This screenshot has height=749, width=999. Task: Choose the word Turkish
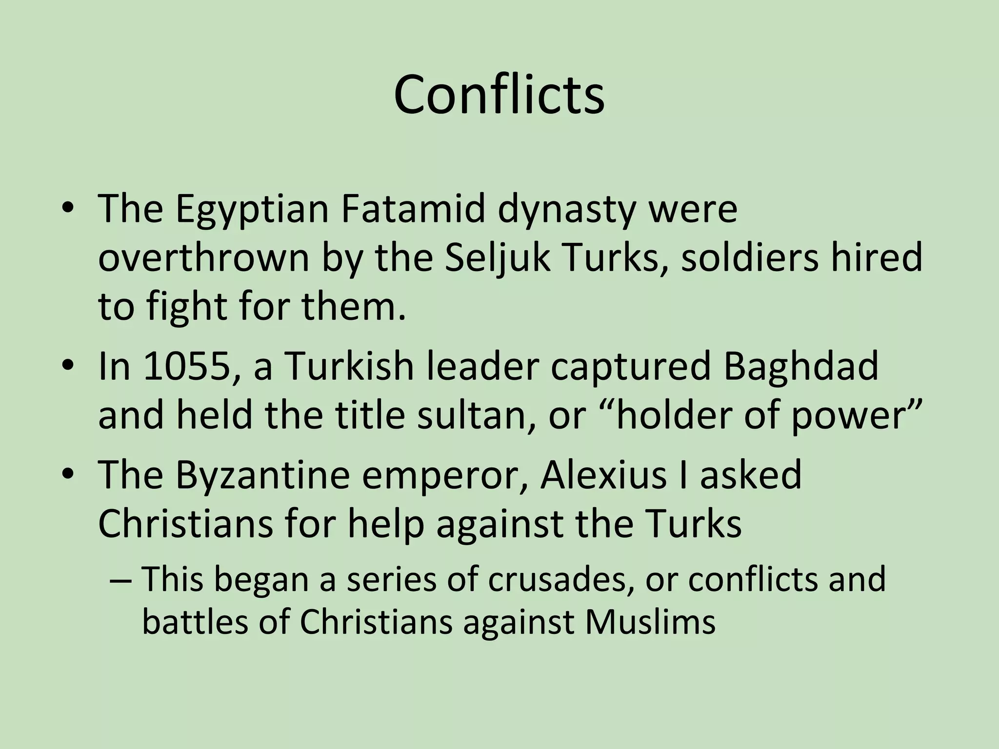tap(349, 366)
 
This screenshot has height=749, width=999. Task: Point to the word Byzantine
tap(262, 475)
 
